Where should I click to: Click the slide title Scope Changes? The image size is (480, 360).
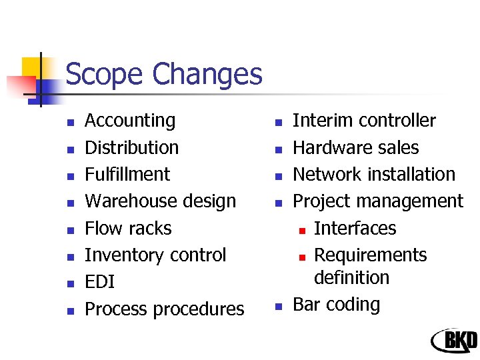(x=164, y=74)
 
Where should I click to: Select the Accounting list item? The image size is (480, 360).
(x=130, y=121)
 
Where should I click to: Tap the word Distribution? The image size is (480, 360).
(x=132, y=147)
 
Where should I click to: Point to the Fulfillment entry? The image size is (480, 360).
(x=127, y=174)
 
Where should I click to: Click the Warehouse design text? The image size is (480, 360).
(x=161, y=201)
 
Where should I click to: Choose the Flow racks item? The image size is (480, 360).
(x=128, y=228)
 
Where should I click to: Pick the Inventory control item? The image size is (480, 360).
(x=155, y=255)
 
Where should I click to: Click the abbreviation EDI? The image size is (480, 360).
(x=100, y=282)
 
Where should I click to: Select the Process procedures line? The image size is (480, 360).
(x=165, y=309)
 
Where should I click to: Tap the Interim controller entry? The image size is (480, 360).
(x=364, y=121)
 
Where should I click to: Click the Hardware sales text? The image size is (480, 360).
(x=356, y=147)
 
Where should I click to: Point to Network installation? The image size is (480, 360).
(x=374, y=174)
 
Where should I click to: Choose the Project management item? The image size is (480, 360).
(x=378, y=201)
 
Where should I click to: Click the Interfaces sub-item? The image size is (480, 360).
(x=355, y=228)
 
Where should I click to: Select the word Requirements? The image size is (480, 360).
(x=370, y=255)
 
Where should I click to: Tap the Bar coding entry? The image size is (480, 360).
(x=337, y=305)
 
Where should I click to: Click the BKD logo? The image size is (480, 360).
(x=454, y=341)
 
